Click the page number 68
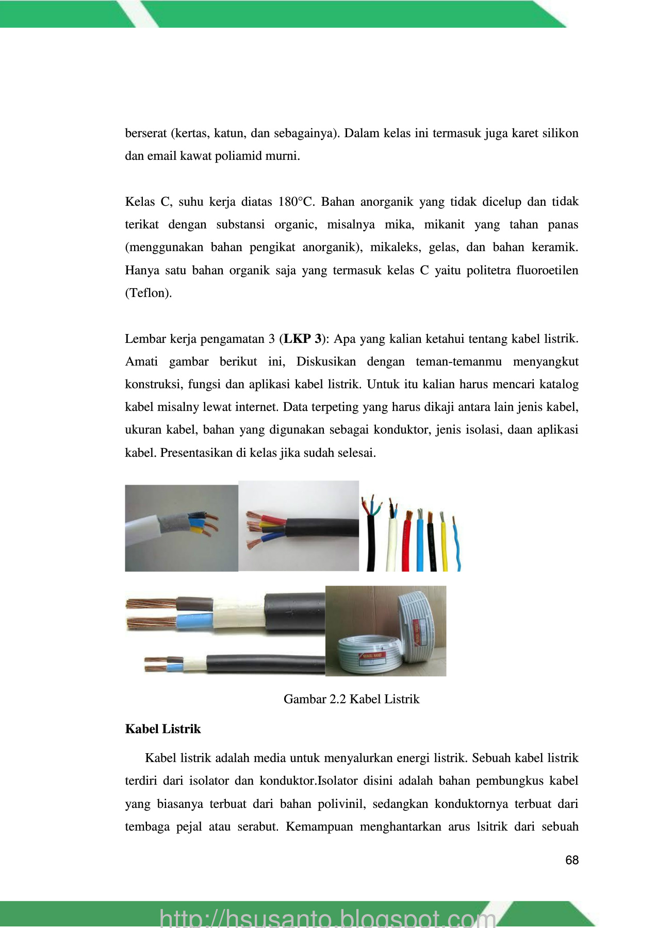click(571, 860)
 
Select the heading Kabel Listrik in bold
click(163, 729)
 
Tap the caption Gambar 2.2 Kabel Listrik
click(351, 699)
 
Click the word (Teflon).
click(149, 293)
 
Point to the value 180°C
click(296, 202)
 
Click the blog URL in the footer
click(327, 918)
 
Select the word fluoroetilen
click(547, 270)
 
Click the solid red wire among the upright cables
click(406, 546)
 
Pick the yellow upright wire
click(444, 546)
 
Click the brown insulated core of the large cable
click(194, 604)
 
